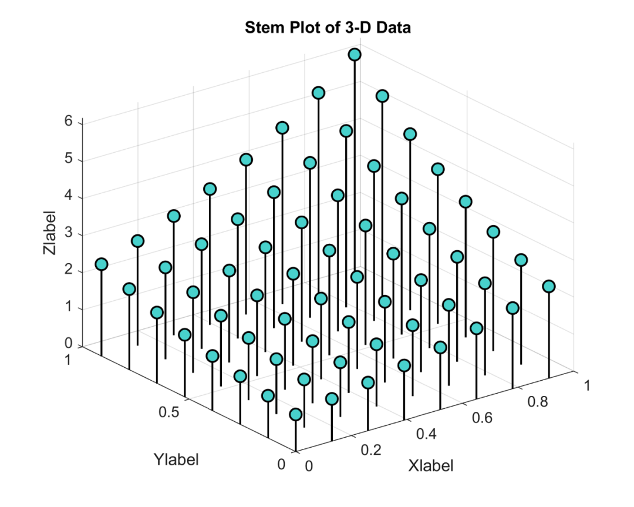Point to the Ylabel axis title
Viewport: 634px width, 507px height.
tap(176, 459)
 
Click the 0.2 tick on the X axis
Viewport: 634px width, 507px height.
tap(370, 450)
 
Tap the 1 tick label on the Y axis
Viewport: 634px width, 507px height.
tap(68, 359)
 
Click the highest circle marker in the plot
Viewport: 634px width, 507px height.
tap(355, 55)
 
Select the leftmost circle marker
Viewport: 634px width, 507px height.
tap(102, 264)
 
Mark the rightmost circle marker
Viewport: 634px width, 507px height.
tap(549, 286)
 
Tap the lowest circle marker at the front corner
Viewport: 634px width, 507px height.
tap(296, 415)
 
